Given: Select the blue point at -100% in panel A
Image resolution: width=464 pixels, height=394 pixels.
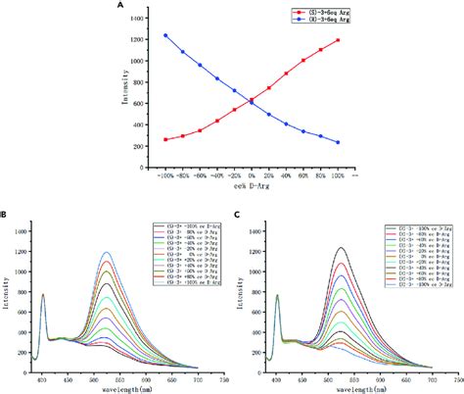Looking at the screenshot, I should click(x=165, y=35).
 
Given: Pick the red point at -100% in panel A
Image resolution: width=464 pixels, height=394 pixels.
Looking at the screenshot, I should click(x=165, y=139).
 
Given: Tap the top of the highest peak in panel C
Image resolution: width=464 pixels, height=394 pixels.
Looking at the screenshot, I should click(x=341, y=247).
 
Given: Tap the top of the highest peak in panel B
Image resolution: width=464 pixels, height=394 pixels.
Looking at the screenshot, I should click(x=106, y=252).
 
